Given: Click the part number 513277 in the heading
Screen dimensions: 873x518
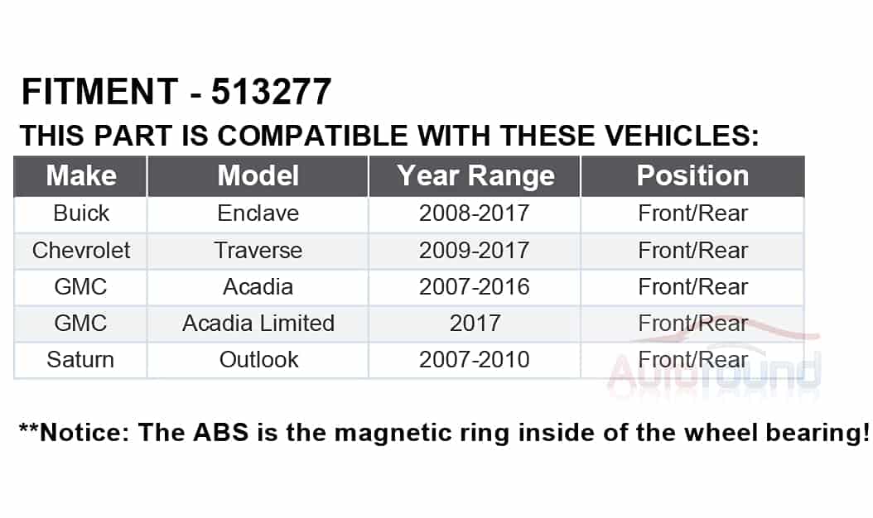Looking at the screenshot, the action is pyautogui.click(x=271, y=91).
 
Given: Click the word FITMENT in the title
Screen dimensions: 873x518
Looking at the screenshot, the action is pyautogui.click(x=100, y=91).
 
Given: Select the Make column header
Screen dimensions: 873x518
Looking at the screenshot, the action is pyautogui.click(x=81, y=175).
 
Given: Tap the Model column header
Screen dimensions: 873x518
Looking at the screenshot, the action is pyautogui.click(x=258, y=175).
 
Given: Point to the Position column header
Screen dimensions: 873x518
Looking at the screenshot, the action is pyautogui.click(x=692, y=175).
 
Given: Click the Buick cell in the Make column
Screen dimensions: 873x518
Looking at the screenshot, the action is pyautogui.click(x=81, y=213).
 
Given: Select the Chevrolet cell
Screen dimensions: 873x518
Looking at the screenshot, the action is pyautogui.click(x=81, y=251).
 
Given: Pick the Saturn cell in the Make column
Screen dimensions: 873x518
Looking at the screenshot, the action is pyautogui.click(x=80, y=359).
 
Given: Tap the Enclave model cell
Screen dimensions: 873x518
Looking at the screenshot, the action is pyautogui.click(x=258, y=213).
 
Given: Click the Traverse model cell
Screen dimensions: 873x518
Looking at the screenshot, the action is pyautogui.click(x=258, y=251).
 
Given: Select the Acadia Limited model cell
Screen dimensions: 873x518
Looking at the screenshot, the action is pyautogui.click(x=258, y=324).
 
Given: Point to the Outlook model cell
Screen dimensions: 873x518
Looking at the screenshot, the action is pyautogui.click(x=259, y=359).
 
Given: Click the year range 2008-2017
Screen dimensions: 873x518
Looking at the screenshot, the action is pyautogui.click(x=475, y=213).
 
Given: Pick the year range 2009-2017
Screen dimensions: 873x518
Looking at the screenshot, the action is pyautogui.click(x=475, y=251).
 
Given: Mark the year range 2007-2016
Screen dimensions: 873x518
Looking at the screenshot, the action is pyautogui.click(x=475, y=287).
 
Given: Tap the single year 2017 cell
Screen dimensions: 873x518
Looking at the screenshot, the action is pyautogui.click(x=475, y=324).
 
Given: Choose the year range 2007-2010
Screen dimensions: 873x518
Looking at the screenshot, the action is pyautogui.click(x=475, y=359).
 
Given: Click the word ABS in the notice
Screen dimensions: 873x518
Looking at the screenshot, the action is pyautogui.click(x=220, y=433).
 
